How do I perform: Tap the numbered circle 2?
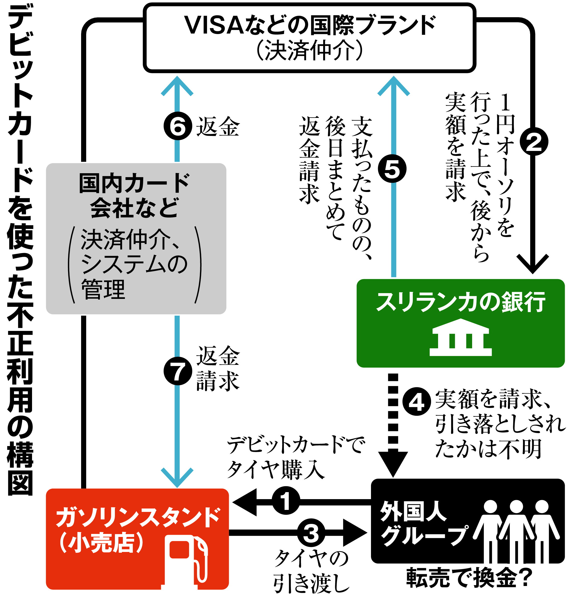click(x=533, y=142)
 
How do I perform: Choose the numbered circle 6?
click(x=178, y=126)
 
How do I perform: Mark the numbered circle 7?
click(x=178, y=371)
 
